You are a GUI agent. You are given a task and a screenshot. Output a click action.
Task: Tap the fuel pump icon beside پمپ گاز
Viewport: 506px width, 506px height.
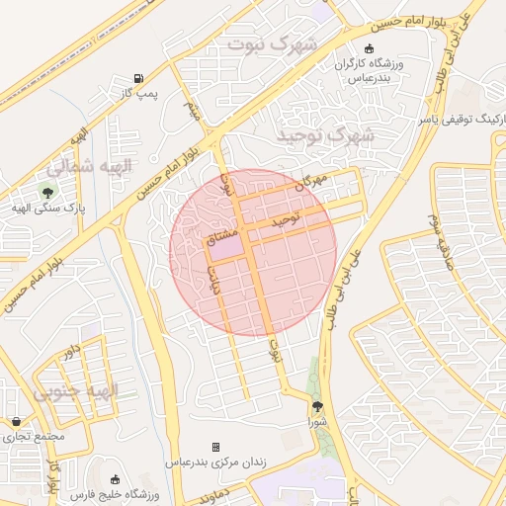click(137, 78)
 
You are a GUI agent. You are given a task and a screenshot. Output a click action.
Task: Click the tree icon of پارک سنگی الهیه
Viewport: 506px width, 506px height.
click(44, 190)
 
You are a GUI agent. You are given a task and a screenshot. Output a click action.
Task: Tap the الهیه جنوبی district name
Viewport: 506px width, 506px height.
click(75, 391)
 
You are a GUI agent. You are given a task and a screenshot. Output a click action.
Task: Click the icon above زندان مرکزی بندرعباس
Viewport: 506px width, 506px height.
click(229, 447)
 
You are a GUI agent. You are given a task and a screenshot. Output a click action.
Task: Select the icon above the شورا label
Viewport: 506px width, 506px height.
click(316, 406)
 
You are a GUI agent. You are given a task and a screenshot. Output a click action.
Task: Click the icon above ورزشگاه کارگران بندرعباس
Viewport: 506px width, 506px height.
click(370, 48)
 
